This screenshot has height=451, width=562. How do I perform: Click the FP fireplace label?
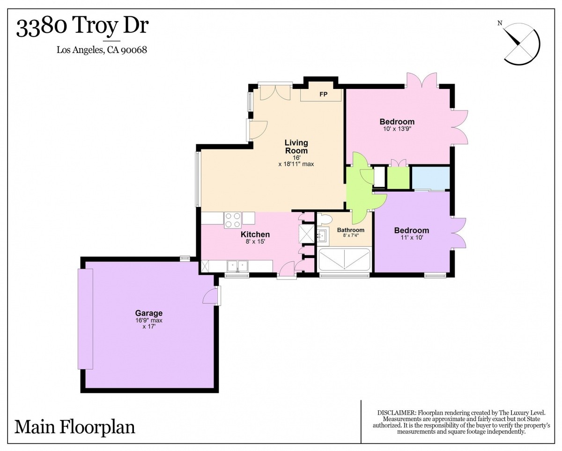point(323,94)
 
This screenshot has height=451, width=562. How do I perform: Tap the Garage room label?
point(148,313)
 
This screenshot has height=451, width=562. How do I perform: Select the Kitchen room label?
point(255,234)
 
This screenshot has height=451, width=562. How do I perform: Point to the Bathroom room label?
point(350,230)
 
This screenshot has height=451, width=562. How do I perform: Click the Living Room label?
point(296,147)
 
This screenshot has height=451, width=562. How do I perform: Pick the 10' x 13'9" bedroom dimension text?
point(397,129)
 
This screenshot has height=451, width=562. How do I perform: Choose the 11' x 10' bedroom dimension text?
point(412,237)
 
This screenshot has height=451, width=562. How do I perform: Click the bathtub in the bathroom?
point(345,259)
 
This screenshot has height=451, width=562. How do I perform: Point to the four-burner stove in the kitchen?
point(233,220)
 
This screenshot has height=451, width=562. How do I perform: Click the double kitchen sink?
point(237,266)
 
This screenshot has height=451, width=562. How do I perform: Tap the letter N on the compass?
point(500,23)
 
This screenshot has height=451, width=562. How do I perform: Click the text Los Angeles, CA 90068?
point(102,50)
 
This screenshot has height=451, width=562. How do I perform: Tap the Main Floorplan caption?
point(74,427)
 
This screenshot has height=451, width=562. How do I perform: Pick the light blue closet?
point(431,179)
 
